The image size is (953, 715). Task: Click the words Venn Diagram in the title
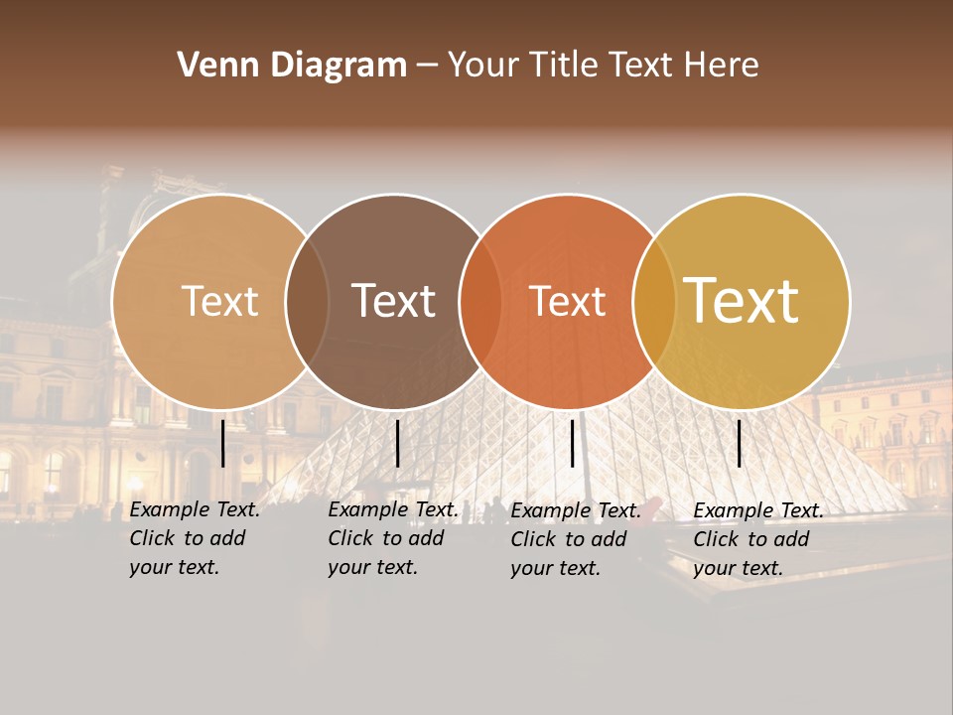click(x=292, y=66)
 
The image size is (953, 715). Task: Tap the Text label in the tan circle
click(x=219, y=301)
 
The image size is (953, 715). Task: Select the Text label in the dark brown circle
click(x=393, y=301)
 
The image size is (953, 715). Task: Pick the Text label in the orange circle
click(x=567, y=301)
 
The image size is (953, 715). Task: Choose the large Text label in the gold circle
click(x=742, y=300)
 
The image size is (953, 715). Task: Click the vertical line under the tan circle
click(x=222, y=443)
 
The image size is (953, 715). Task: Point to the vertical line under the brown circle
click(x=397, y=443)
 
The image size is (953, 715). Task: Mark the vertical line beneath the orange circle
click(x=572, y=443)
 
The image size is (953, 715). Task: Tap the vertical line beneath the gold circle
click(x=739, y=443)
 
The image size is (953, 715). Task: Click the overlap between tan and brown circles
click(x=307, y=301)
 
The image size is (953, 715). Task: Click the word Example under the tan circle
click(x=170, y=509)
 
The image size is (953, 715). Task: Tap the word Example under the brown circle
click(x=368, y=509)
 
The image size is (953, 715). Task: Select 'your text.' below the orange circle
click(x=555, y=568)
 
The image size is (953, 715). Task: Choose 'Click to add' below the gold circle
click(x=751, y=539)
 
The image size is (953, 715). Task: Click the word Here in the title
click(x=722, y=66)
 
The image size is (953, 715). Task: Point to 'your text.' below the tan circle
click(x=174, y=567)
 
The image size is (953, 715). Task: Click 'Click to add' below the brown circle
click(x=386, y=538)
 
